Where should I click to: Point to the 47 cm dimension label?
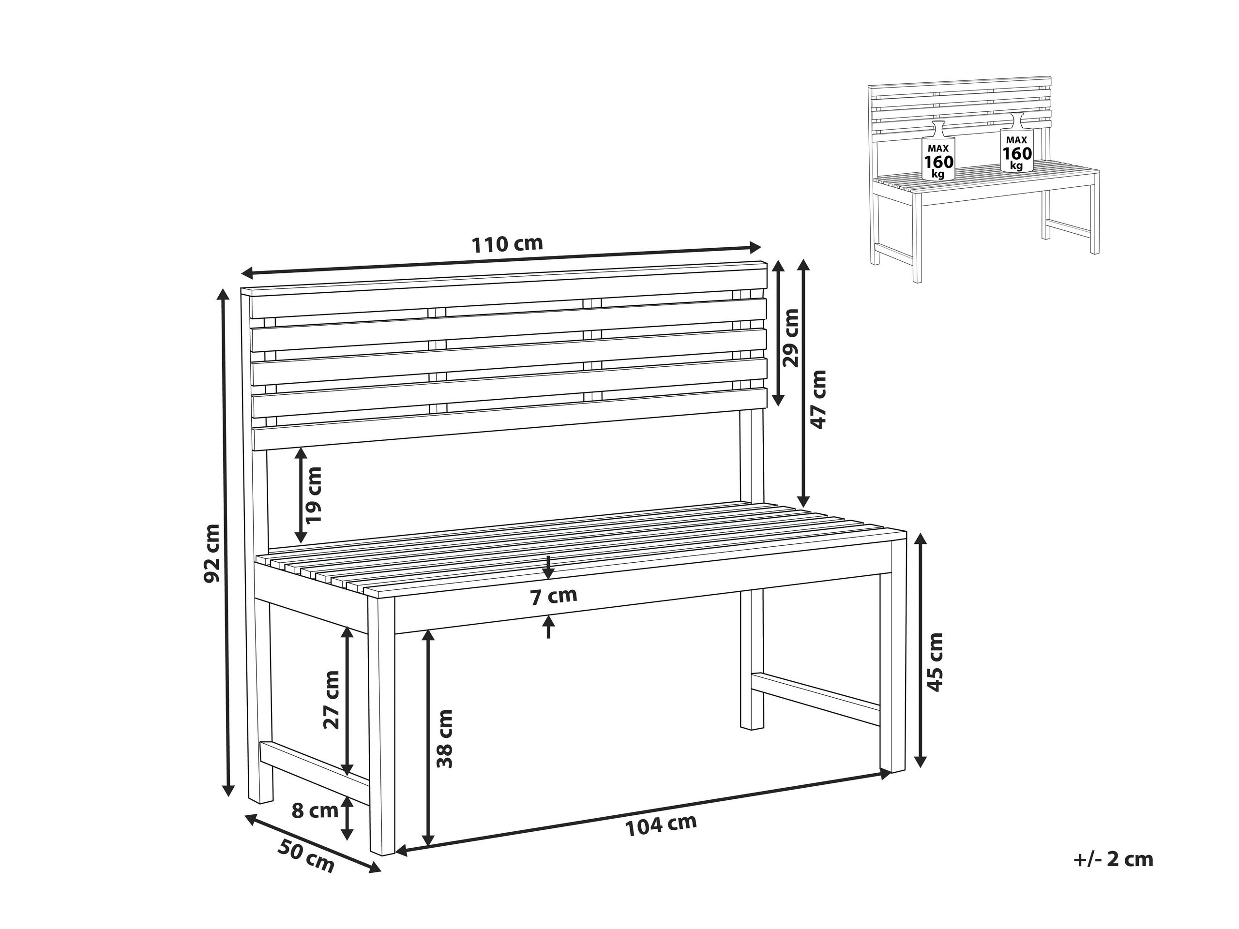pyautogui.click(x=819, y=399)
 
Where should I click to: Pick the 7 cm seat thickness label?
pyautogui.click(x=553, y=597)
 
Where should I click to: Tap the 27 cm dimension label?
pyautogui.click(x=332, y=699)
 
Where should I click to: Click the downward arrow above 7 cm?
pyautogui.click(x=548, y=569)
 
